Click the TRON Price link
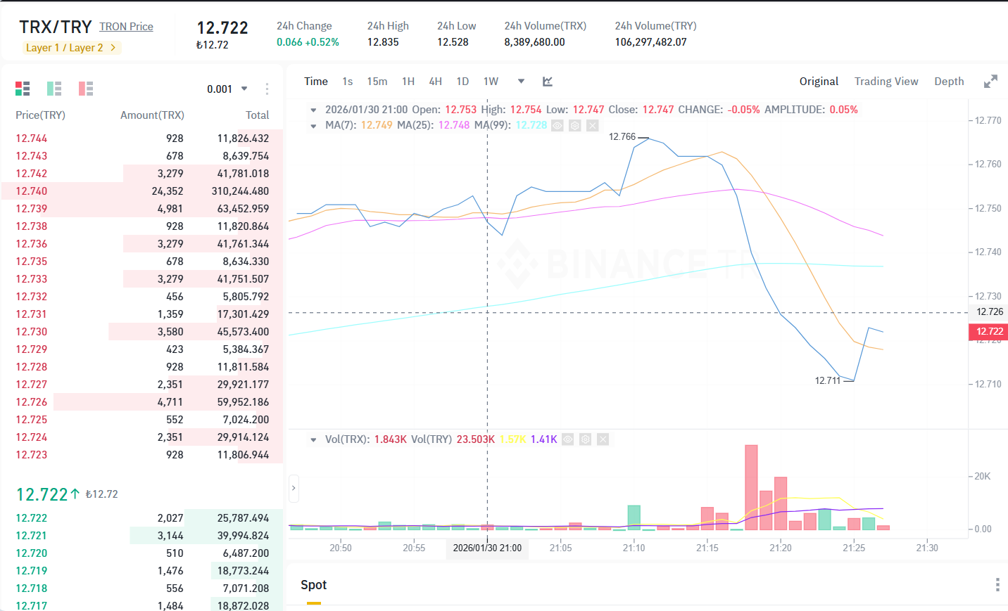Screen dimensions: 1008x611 point(126,27)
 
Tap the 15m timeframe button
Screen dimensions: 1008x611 point(377,82)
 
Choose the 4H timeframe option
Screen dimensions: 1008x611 point(435,82)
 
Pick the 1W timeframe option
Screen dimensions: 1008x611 point(491,82)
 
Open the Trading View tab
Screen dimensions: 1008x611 point(886,82)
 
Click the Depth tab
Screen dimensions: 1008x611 point(949,82)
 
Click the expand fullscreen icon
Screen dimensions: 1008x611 point(990,82)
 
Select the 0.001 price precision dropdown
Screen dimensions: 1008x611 point(227,89)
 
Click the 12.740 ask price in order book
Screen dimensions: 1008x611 point(32,191)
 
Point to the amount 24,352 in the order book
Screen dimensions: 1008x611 point(168,191)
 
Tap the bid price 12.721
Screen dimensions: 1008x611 point(32,536)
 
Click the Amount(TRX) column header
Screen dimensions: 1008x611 point(152,115)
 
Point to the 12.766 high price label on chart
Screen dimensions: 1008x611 point(622,136)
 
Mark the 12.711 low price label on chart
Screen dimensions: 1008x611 point(828,381)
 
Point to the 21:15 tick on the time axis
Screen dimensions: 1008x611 point(707,548)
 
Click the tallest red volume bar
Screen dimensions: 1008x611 point(751,487)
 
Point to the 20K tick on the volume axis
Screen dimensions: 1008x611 point(983,476)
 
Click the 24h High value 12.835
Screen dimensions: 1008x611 point(383,42)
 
